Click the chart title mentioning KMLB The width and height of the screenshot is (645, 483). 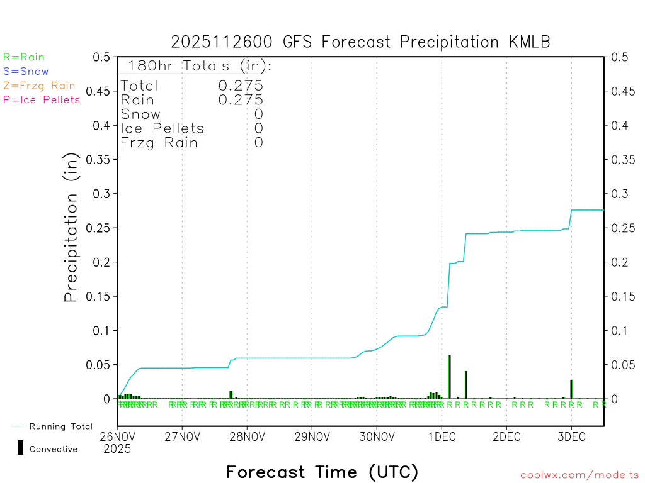tap(360, 42)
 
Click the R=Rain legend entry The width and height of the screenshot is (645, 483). tap(24, 57)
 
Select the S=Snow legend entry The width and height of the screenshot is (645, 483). tap(26, 72)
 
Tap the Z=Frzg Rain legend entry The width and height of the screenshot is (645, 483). tap(39, 86)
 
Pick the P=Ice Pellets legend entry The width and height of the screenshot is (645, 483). tap(42, 99)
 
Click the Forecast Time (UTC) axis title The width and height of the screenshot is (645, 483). tap(322, 472)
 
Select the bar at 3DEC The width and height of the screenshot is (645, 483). tap(571, 389)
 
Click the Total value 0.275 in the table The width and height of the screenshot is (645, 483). tap(241, 86)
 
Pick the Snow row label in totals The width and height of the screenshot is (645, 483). tap(140, 114)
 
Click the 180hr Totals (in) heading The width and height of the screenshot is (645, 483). tap(196, 66)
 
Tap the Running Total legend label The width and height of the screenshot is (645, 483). tap(60, 426)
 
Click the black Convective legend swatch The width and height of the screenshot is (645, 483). tap(20, 448)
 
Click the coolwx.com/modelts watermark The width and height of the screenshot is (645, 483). tap(579, 475)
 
